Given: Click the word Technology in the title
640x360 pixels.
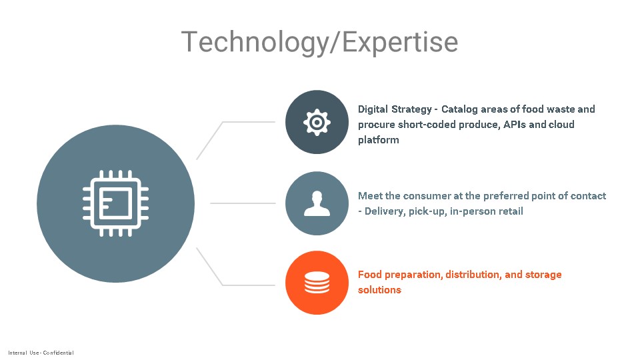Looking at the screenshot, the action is tap(254, 43).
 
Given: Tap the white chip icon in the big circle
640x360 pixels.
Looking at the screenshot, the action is tap(115, 203).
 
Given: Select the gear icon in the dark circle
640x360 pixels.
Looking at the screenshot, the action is tap(317, 122).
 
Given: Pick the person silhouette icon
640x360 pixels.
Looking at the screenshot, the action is tap(317, 203).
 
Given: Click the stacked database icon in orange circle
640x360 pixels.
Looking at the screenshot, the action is tap(317, 283).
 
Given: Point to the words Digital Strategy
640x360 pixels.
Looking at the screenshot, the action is tap(395, 109).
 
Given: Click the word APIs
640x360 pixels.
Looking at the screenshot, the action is tap(514, 125).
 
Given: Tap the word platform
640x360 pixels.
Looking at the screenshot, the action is tap(379, 140).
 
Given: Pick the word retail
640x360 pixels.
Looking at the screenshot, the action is tap(511, 211).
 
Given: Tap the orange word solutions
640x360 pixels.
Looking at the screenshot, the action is tap(379, 290).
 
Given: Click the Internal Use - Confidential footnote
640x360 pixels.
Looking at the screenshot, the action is tap(41, 353).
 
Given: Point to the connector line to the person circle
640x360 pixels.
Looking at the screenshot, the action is tap(243, 203).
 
